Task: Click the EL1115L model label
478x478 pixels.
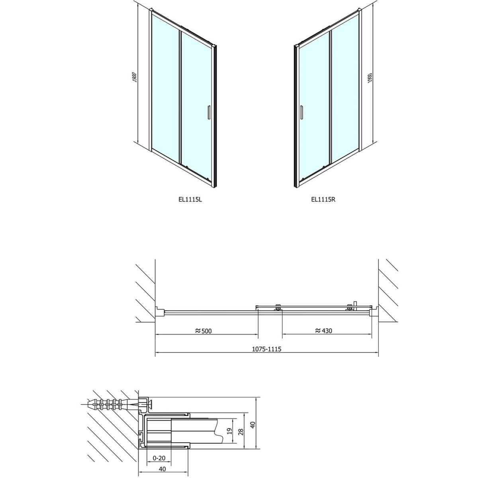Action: (x=190, y=199)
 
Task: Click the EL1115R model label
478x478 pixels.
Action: (x=323, y=199)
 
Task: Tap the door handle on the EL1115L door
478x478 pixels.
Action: (x=209, y=113)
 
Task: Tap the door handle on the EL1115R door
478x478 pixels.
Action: (x=302, y=113)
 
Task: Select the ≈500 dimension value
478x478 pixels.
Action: (x=204, y=331)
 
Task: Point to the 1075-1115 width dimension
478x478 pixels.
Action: (x=266, y=349)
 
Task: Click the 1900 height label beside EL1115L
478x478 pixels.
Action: (x=134, y=77)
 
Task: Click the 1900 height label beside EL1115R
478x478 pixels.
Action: (x=370, y=78)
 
